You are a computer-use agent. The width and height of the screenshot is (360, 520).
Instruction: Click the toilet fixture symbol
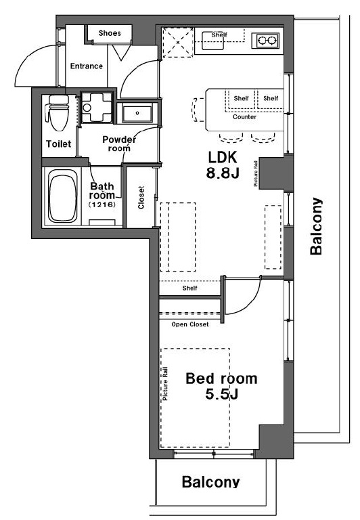[58, 112]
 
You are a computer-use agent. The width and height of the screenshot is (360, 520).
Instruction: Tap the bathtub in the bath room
[63, 196]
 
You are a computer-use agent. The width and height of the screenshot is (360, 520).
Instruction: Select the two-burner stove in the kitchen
[267, 41]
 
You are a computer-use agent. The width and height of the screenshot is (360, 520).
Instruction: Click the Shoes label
[110, 33]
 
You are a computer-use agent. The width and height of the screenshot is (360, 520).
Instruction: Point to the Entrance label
[86, 66]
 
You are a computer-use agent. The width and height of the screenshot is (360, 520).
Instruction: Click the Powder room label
[119, 144]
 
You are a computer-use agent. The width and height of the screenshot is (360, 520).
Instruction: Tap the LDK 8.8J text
[223, 165]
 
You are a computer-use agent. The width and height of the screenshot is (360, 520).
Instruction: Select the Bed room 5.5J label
[221, 387]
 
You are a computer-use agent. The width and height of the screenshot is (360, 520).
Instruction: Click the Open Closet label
[190, 324]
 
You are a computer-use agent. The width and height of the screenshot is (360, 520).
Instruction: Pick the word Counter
[245, 116]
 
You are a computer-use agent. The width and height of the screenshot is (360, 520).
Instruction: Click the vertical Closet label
[141, 197]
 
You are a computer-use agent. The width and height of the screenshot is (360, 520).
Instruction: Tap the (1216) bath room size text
[102, 204]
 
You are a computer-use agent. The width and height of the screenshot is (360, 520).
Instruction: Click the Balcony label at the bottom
[210, 481]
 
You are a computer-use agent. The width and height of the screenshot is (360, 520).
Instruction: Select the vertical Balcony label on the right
[316, 226]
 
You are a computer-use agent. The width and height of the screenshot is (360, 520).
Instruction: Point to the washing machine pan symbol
[97, 108]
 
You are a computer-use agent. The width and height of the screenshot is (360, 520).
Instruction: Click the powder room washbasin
[137, 113]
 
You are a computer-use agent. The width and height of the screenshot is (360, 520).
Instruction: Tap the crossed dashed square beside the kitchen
[177, 43]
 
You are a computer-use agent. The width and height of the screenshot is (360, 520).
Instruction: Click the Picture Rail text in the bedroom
[165, 383]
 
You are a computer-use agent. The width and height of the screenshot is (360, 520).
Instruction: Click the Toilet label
[58, 144]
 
